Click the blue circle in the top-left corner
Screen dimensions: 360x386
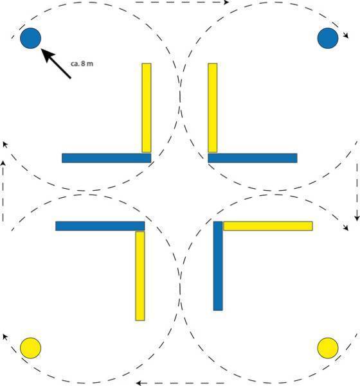pyautogui.click(x=31, y=38)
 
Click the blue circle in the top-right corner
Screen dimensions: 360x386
pyautogui.click(x=328, y=38)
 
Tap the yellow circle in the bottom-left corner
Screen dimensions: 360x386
pyautogui.click(x=30, y=348)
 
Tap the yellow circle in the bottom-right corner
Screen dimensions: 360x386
pyautogui.click(x=328, y=348)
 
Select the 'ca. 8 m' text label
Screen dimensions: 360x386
pyautogui.click(x=82, y=64)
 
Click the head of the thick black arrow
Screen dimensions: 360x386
pyautogui.click(x=48, y=55)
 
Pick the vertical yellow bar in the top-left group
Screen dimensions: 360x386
pyautogui.click(x=147, y=108)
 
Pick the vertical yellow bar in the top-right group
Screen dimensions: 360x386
pyautogui.click(x=213, y=108)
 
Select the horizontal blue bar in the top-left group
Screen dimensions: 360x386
pyautogui.click(x=107, y=158)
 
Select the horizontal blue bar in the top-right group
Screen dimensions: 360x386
pyautogui.click(x=253, y=158)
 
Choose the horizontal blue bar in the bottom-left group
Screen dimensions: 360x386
pyautogui.click(x=100, y=226)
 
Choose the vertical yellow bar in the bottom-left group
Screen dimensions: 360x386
pyautogui.click(x=140, y=276)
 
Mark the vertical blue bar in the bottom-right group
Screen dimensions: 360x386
pyautogui.click(x=218, y=266)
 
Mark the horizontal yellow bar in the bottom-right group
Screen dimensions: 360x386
pyautogui.click(x=268, y=226)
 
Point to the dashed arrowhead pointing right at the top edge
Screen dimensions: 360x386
pyautogui.click(x=226, y=2)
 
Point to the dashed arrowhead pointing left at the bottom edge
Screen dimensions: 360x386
pyautogui.click(x=139, y=383)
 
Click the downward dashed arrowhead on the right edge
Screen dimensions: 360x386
pyautogui.click(x=357, y=218)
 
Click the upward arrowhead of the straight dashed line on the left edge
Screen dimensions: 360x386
pyautogui.click(x=3, y=164)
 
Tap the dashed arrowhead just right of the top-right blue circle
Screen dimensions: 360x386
pyautogui.click(x=346, y=36)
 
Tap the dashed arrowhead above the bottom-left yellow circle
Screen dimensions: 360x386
pyautogui.click(x=4, y=337)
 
